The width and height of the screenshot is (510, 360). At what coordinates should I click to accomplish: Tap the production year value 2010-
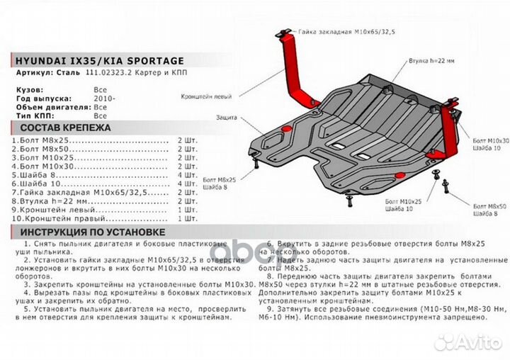[x=103, y=99]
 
